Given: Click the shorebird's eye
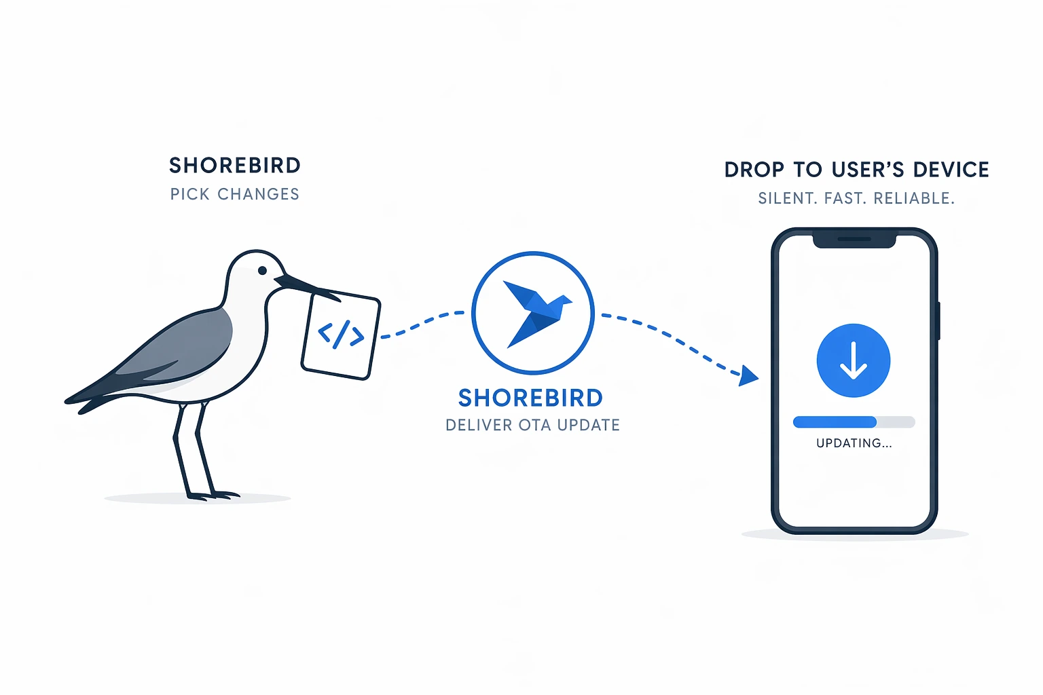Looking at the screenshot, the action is pyautogui.click(x=262, y=270).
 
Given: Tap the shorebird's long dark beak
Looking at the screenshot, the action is pyautogui.click(x=308, y=288).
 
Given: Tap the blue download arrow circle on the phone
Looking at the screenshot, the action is pyautogui.click(x=854, y=360).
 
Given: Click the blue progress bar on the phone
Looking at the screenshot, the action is pyautogui.click(x=835, y=422).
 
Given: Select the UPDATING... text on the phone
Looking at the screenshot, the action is pyautogui.click(x=854, y=443).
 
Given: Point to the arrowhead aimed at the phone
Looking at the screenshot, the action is pyautogui.click(x=748, y=375).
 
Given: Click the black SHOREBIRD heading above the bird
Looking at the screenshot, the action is pyautogui.click(x=235, y=166).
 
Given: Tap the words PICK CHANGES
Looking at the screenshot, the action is pyautogui.click(x=235, y=194).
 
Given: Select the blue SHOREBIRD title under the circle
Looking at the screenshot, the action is pyautogui.click(x=530, y=398).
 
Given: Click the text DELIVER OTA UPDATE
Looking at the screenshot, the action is pyautogui.click(x=532, y=425).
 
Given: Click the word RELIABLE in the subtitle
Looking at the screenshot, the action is pyautogui.click(x=914, y=198).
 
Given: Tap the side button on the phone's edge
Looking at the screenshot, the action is pyautogui.click(x=938, y=321).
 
